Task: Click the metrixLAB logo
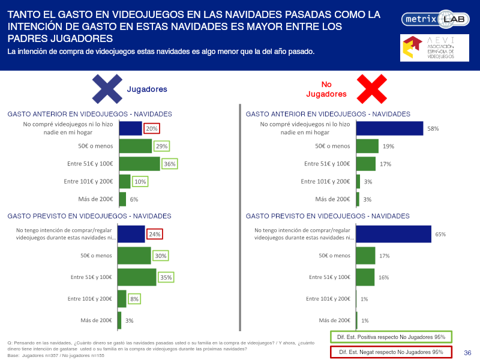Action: click(x=436, y=19)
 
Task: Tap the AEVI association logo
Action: click(x=434, y=48)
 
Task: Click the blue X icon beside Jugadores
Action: click(x=107, y=89)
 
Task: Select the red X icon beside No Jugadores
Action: click(x=371, y=89)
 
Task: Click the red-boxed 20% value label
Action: click(x=152, y=128)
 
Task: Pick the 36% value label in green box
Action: click(x=170, y=164)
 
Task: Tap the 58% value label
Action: click(x=433, y=128)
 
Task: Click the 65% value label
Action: click(x=440, y=234)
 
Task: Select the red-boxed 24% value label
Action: click(x=155, y=234)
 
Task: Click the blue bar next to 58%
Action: click(x=389, y=128)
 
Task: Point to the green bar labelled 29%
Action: click(x=136, y=146)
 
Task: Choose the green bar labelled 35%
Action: click(x=137, y=277)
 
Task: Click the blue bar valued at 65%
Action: click(x=394, y=234)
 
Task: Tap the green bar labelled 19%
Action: click(x=367, y=146)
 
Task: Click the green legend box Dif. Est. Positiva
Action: click(x=391, y=337)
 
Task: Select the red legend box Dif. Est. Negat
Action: click(x=391, y=352)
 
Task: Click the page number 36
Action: click(x=467, y=353)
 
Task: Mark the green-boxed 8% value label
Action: click(x=134, y=299)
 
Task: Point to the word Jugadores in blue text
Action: click(x=147, y=89)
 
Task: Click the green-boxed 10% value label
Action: click(x=140, y=182)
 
